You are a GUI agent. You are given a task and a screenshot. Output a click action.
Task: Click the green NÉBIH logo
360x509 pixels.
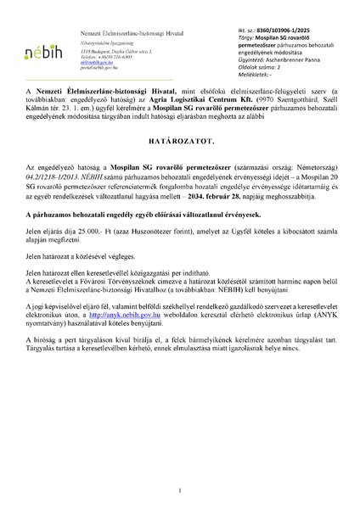(x=39, y=41)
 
